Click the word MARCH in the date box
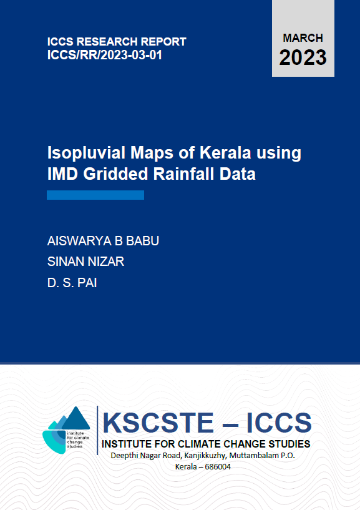[x=303, y=38]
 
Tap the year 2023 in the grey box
[x=303, y=58]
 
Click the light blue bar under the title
[x=95, y=195]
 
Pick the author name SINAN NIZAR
[x=85, y=262]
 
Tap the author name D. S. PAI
[x=72, y=283]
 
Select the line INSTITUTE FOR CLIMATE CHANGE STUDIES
[x=207, y=444]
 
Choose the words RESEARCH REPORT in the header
[x=132, y=42]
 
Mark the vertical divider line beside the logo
[x=97, y=430]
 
